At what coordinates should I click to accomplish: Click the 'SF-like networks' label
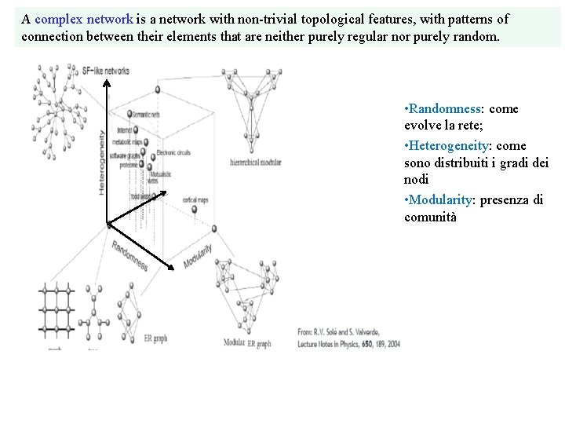click(106, 69)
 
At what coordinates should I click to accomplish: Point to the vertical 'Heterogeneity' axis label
click(102, 163)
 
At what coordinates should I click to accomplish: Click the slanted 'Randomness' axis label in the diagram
click(129, 255)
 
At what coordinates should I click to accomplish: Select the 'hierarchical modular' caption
click(255, 162)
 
